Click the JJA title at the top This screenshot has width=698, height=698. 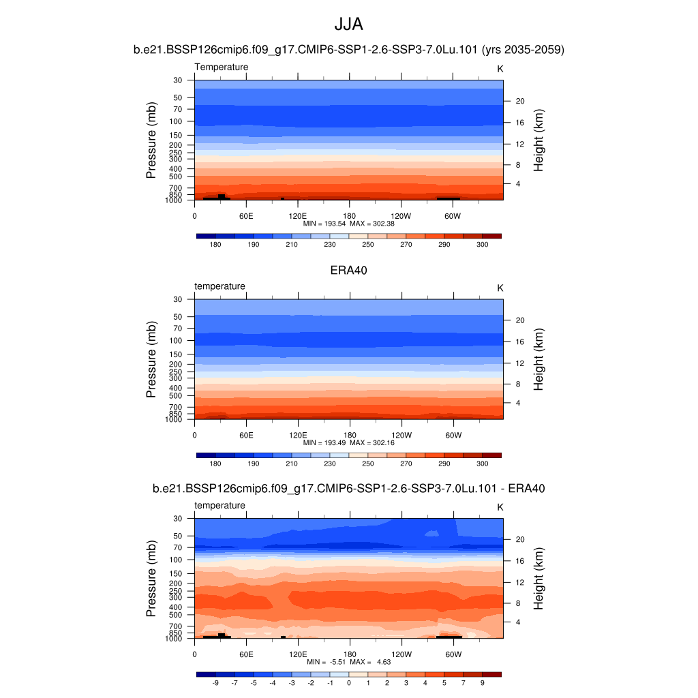pos(348,25)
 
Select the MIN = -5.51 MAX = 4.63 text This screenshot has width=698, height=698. pos(348,662)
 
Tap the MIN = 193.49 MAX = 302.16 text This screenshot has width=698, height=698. pos(348,442)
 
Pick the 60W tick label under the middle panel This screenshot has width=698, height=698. pos(453,435)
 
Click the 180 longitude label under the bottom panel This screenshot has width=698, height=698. pos(349,654)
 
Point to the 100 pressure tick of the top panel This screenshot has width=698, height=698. pos(176,121)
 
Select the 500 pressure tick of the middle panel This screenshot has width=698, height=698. pos(176,395)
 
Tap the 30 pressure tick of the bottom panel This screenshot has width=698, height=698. pos(178,519)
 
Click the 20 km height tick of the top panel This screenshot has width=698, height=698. pos(519,101)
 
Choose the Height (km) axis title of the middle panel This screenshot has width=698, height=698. pos(538,359)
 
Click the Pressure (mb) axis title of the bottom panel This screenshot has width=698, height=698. pos(151,579)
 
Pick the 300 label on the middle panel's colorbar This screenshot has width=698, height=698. pos(483,464)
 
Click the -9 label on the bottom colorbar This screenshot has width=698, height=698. pos(215,682)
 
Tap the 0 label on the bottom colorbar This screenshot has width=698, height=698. pos(349,682)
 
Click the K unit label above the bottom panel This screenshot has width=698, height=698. pos(500,507)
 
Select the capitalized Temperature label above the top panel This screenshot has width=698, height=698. pos(222,67)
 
